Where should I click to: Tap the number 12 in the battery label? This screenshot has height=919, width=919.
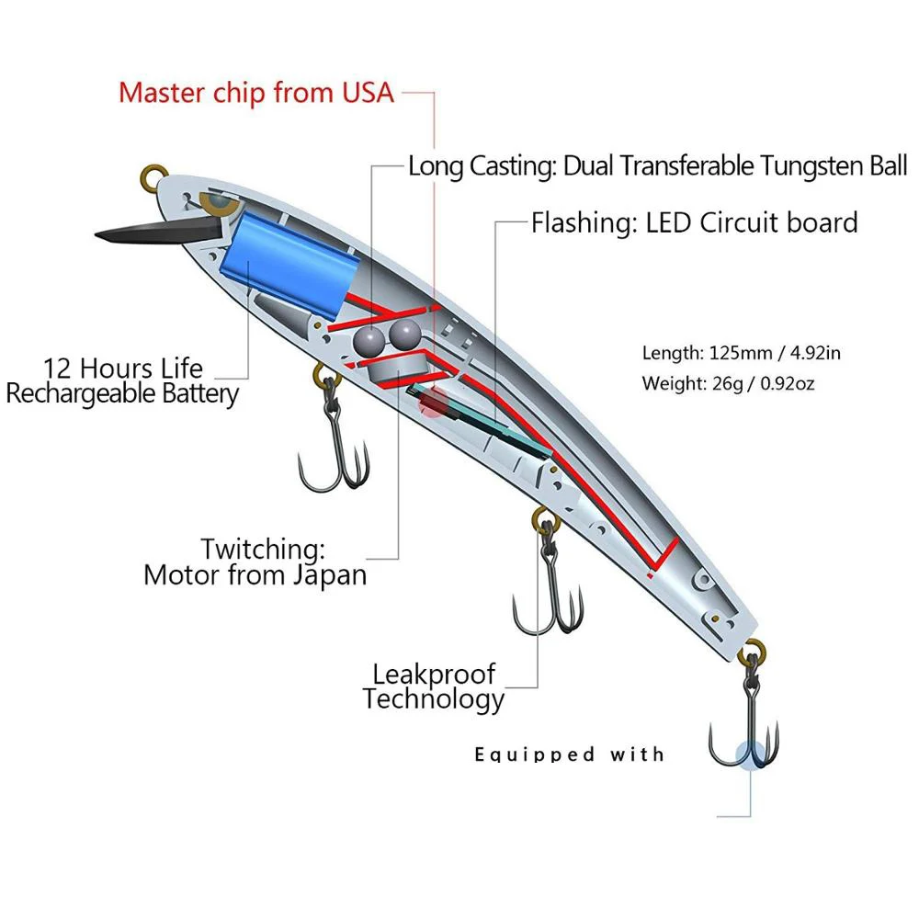pos(58,369)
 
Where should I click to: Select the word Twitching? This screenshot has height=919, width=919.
pos(263,550)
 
